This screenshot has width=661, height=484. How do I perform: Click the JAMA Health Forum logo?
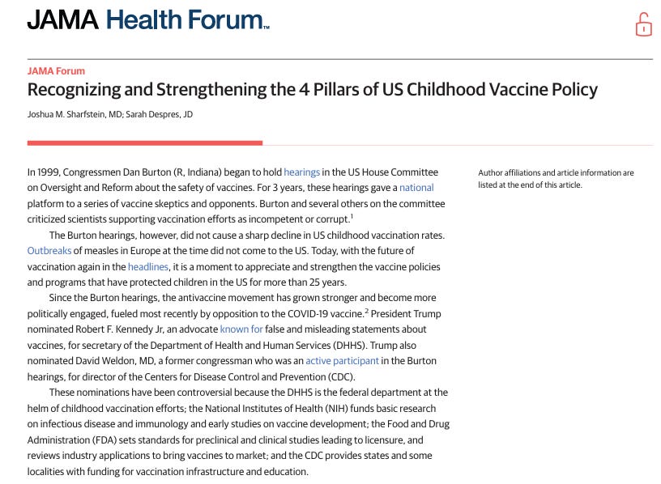147,20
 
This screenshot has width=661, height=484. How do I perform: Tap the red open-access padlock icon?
643,24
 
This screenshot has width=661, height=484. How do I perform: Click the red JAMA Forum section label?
56,71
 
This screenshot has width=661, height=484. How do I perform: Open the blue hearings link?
301,172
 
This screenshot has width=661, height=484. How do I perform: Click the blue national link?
416,188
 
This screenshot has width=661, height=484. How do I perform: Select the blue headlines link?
147,266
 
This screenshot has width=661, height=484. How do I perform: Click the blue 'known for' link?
241,329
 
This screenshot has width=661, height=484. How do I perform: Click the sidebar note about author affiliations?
556,178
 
